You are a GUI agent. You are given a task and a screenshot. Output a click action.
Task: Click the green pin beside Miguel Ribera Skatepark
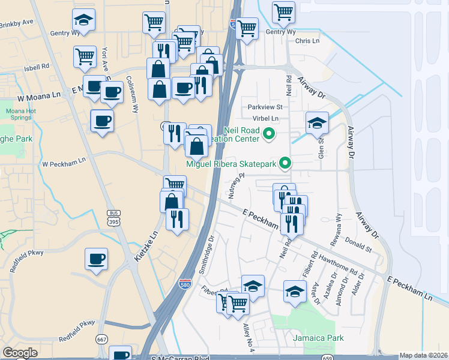tap(286, 162)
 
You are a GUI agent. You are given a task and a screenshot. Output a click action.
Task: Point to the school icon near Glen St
tap(317, 124)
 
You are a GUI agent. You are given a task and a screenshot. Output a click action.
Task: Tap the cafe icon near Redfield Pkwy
tap(96, 260)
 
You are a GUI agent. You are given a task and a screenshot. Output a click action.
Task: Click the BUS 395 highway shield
tap(113, 217)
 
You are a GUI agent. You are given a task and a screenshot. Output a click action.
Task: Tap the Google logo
tap(20, 353)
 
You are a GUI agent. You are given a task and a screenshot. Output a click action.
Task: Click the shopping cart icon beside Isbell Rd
tap(85, 57)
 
